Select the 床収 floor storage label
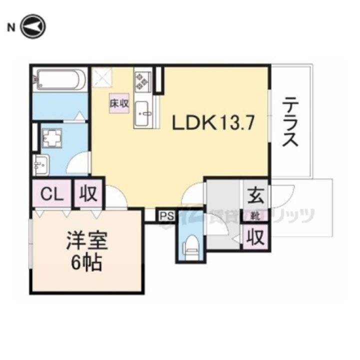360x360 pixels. click(120, 103)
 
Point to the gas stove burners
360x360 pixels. click(142, 81)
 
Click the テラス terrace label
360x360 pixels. click(290, 121)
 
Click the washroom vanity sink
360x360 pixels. click(41, 163)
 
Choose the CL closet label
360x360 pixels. click(51, 194)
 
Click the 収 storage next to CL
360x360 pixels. click(88, 194)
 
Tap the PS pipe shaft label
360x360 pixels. click(166, 216)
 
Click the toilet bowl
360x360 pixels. click(189, 247)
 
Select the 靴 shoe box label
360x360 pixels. click(255, 216)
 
